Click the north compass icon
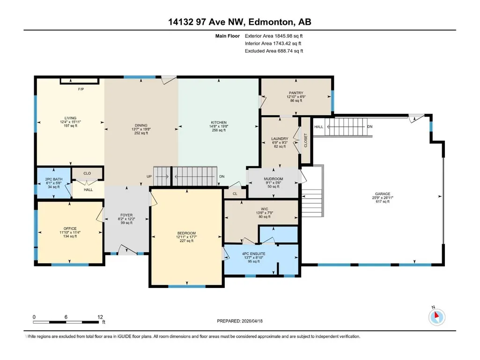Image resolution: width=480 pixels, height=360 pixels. (x=436, y=317)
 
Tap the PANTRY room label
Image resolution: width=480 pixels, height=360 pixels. (x=295, y=93)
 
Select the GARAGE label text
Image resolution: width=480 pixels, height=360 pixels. (x=383, y=194)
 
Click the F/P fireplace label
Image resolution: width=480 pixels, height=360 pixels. (x=81, y=89)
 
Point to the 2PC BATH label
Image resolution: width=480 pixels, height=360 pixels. (x=54, y=179)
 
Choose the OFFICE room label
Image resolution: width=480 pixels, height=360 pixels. (x=70, y=228)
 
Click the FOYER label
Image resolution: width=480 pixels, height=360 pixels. (x=126, y=215)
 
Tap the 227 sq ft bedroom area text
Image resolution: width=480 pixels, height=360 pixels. (x=186, y=241)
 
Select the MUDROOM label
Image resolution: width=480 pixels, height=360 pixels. (x=273, y=179)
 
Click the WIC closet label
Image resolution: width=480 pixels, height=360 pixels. (x=265, y=209)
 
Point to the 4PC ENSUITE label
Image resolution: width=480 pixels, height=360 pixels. (x=253, y=254)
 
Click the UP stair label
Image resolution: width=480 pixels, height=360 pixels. (x=149, y=176)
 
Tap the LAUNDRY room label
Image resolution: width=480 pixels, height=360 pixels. (x=280, y=139)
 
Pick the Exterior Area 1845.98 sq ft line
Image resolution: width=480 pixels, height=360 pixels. (x=273, y=36)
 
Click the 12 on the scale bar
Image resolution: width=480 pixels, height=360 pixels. (x=100, y=317)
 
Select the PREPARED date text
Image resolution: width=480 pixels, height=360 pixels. (x=240, y=321)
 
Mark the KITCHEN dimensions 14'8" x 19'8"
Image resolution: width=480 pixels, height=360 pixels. (x=219, y=126)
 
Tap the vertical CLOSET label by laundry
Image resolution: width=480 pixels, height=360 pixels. (x=305, y=140)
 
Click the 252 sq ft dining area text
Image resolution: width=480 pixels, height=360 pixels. (x=141, y=133)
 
